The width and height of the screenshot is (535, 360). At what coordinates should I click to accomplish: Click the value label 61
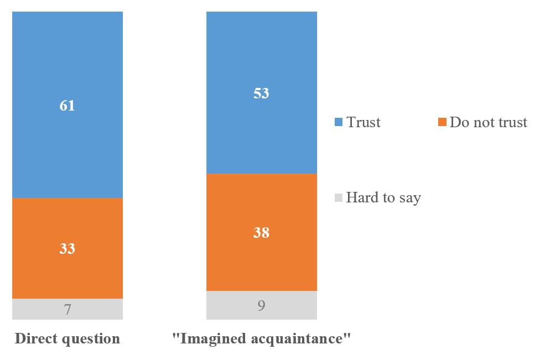click(67, 106)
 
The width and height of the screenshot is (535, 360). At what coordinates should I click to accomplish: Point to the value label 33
click(67, 249)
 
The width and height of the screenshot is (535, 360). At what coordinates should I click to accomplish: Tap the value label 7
click(67, 309)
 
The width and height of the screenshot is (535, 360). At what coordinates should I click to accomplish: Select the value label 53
click(261, 93)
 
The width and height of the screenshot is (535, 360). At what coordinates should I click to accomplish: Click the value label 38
click(261, 232)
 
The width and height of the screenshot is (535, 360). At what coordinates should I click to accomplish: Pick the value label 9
click(261, 305)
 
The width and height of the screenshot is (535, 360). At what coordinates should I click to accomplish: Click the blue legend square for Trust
click(339, 122)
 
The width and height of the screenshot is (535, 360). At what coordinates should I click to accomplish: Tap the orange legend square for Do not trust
click(441, 122)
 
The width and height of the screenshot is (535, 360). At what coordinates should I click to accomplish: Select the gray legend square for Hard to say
click(339, 197)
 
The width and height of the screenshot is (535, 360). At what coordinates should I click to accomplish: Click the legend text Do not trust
click(488, 122)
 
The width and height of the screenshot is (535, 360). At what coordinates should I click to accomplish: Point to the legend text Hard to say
click(383, 197)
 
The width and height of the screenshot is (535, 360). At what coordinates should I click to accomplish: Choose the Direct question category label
click(67, 338)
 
